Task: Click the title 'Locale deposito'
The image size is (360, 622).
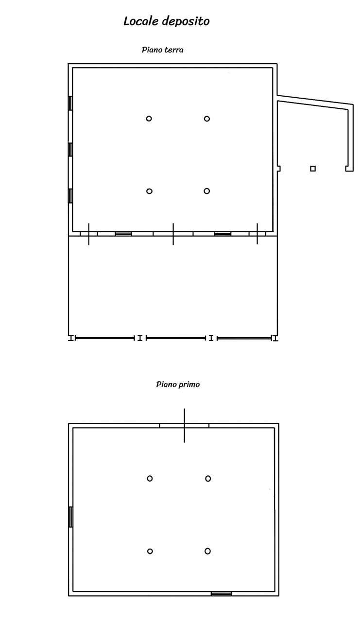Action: pyautogui.click(x=167, y=21)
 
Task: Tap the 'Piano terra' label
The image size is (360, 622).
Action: pyautogui.click(x=163, y=50)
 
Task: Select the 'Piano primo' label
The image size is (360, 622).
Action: pyautogui.click(x=178, y=384)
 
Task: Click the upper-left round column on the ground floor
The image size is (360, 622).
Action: pyautogui.click(x=149, y=119)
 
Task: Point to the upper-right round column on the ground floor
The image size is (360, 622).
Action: pyautogui.click(x=207, y=119)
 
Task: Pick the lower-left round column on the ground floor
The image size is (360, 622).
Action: pyautogui.click(x=149, y=191)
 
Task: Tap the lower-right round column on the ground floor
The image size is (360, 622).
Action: pyautogui.click(x=207, y=191)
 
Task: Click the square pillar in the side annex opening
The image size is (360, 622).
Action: pyautogui.click(x=313, y=169)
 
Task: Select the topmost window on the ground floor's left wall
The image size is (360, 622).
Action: pyautogui.click(x=70, y=104)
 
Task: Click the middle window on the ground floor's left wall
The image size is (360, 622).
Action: pyautogui.click(x=70, y=150)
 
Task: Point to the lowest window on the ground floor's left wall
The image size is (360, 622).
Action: pyautogui.click(x=70, y=196)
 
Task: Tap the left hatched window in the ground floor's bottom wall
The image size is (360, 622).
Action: pyautogui.click(x=123, y=234)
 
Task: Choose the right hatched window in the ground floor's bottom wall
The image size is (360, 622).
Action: pyautogui.click(x=223, y=234)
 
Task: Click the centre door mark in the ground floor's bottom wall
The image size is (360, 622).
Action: pyautogui.click(x=173, y=234)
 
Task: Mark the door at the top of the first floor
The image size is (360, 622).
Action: pyautogui.click(x=184, y=425)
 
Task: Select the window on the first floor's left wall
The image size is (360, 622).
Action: pyautogui.click(x=71, y=517)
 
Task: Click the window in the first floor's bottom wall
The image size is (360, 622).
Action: pyautogui.click(x=221, y=594)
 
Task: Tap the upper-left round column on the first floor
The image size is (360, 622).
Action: pyautogui.click(x=150, y=479)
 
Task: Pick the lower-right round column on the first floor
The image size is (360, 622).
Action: pyautogui.click(x=207, y=551)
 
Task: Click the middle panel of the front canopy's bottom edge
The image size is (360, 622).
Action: pyautogui.click(x=176, y=338)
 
